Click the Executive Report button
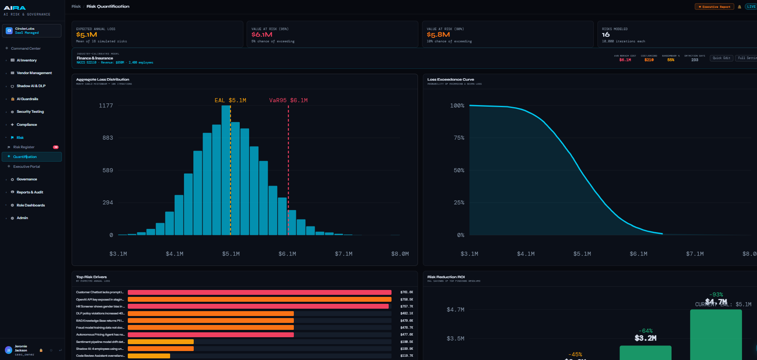point(714,7)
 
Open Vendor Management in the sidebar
point(34,73)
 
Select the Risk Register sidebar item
point(24,147)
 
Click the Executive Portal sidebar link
point(26,167)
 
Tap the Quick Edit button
point(722,58)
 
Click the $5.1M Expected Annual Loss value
point(86,35)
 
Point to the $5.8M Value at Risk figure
point(438,35)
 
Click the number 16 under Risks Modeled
point(606,35)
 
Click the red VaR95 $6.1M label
point(288,100)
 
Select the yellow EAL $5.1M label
point(230,100)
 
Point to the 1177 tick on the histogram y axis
point(106,105)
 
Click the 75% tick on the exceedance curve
point(459,138)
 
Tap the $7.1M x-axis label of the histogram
point(343,254)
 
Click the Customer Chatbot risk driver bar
point(259,292)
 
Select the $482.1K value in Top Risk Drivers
point(406,314)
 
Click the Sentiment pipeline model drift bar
point(161,342)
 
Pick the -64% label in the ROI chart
point(645,331)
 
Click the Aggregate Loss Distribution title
point(103,79)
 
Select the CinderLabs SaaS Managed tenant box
point(32,31)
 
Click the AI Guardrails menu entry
point(27,99)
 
